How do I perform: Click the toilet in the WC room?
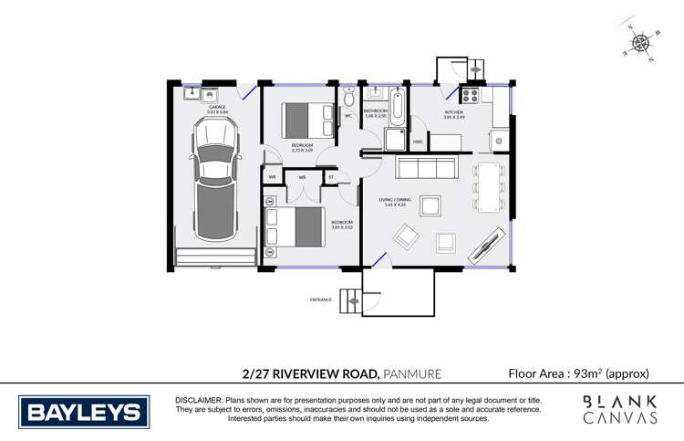350,100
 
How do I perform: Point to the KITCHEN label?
453,113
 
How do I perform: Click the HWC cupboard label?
418,142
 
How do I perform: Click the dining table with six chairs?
490,186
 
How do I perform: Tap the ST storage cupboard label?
331,177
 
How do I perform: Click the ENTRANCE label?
321,299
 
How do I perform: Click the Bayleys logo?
84,412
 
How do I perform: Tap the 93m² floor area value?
587,373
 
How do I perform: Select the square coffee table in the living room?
430,205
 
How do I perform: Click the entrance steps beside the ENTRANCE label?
351,299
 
